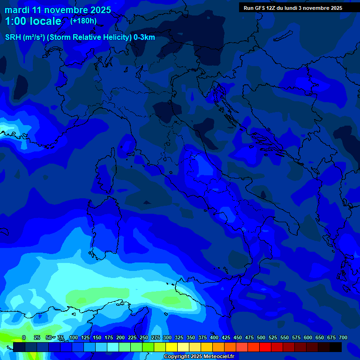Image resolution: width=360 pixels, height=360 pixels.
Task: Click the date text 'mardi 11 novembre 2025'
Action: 58,10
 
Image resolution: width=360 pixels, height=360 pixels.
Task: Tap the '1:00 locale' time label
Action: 33,21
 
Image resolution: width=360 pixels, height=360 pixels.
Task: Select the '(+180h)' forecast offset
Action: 83,21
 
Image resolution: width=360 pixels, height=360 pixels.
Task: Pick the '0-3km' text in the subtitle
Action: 144,37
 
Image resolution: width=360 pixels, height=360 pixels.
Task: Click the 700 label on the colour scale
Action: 343,337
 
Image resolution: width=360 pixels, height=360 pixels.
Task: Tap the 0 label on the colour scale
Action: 24,337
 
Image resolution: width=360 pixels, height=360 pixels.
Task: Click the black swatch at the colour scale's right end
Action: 336,347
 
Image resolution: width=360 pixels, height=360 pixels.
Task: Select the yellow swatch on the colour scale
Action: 172,347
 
